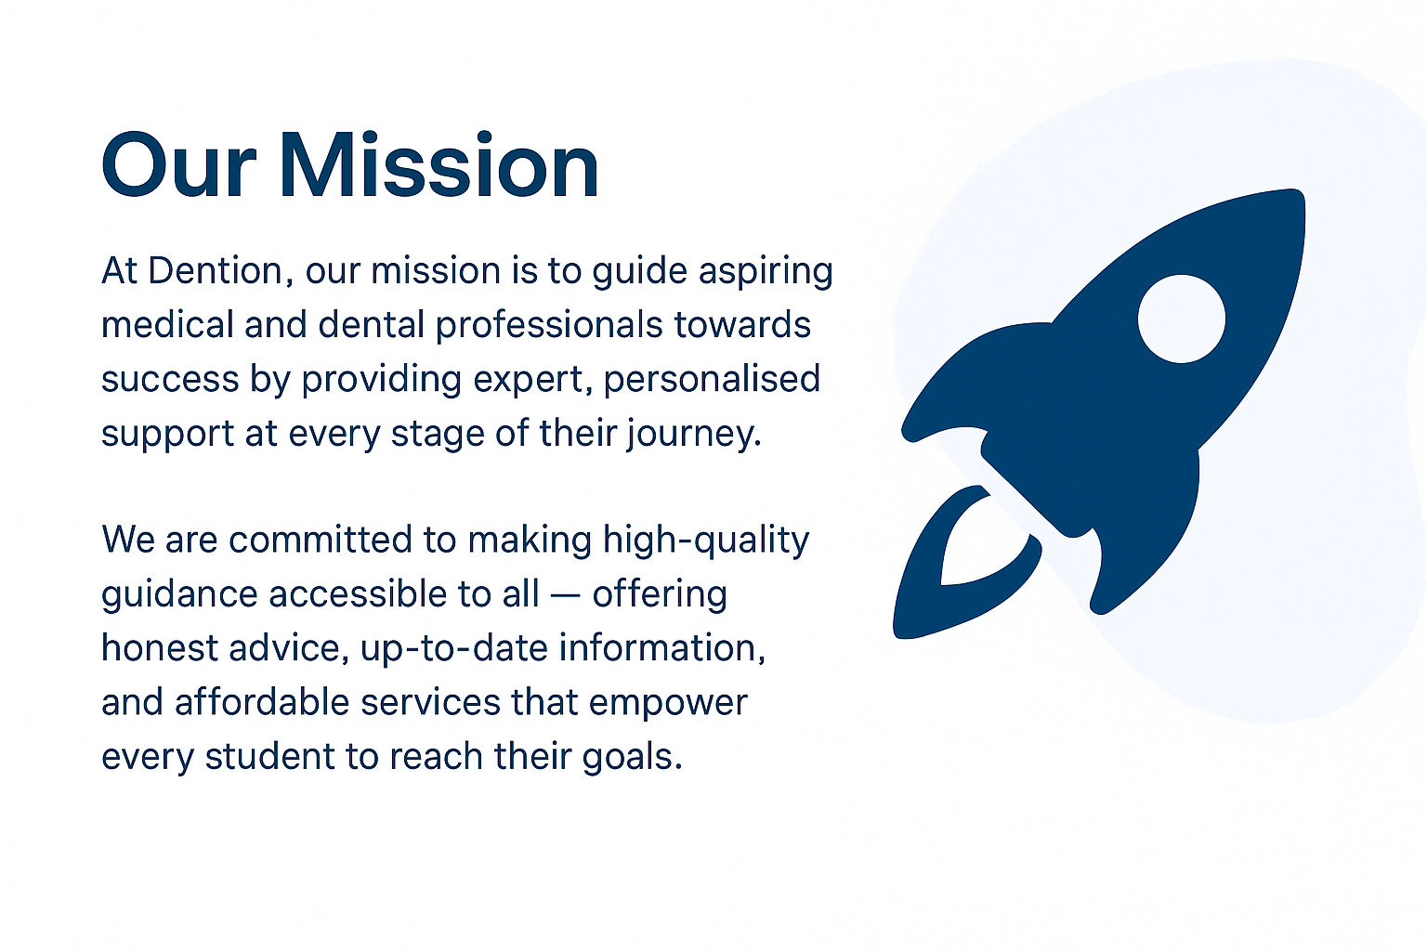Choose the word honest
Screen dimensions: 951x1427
pyautogui.click(x=160, y=648)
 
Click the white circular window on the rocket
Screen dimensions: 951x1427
pyautogui.click(x=1182, y=319)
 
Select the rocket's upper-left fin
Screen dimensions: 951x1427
pyautogui.click(x=966, y=381)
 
